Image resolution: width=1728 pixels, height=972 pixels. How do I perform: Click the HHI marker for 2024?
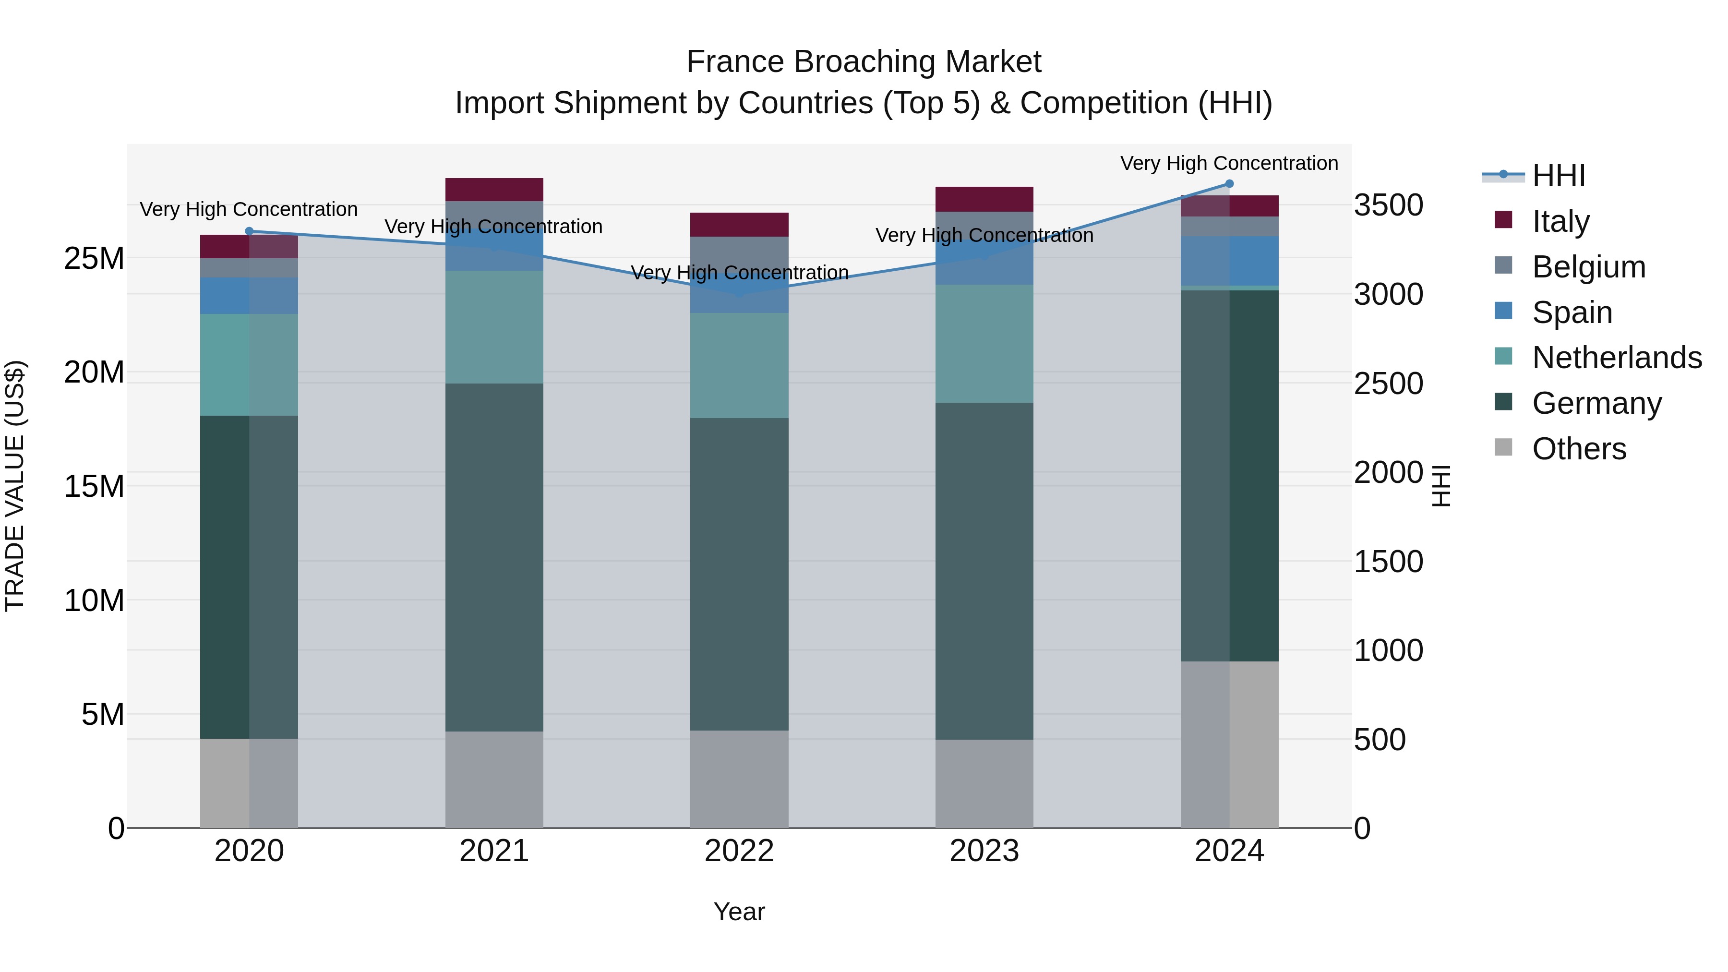pyautogui.click(x=1229, y=184)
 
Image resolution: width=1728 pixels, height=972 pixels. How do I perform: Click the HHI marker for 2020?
pyautogui.click(x=249, y=231)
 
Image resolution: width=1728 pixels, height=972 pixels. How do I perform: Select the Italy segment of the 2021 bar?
pyautogui.click(x=494, y=190)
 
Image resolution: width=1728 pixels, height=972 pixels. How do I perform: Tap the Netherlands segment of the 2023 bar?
pyautogui.click(x=984, y=344)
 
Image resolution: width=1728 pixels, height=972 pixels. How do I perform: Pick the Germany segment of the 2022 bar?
pyautogui.click(x=739, y=574)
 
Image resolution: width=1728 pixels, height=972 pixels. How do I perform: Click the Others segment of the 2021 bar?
pyautogui.click(x=494, y=780)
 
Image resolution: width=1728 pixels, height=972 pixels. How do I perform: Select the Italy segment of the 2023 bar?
pyautogui.click(x=984, y=199)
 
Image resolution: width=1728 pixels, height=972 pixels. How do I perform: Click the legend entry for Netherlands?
pyautogui.click(x=1617, y=358)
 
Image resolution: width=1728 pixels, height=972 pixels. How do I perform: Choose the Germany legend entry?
pyautogui.click(x=1596, y=403)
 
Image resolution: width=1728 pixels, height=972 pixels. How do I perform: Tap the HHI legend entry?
pyautogui.click(x=1558, y=176)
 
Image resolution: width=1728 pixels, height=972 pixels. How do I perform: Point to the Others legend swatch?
pyautogui.click(x=1503, y=447)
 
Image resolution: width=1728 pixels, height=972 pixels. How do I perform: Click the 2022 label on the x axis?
pyautogui.click(x=739, y=851)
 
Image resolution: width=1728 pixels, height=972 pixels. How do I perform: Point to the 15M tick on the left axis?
pyautogui.click(x=94, y=486)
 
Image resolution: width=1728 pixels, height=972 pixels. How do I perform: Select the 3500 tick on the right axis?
pyautogui.click(x=1388, y=205)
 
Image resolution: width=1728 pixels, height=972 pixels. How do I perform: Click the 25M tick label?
pyautogui.click(x=94, y=258)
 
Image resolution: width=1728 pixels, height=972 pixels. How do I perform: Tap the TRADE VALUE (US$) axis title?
pyautogui.click(x=15, y=486)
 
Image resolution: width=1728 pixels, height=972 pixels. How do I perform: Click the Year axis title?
pyautogui.click(x=739, y=912)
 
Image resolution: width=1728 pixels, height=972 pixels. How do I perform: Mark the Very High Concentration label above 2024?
pyautogui.click(x=1229, y=163)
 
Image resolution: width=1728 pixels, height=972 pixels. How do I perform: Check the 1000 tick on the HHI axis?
pyautogui.click(x=1388, y=651)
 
